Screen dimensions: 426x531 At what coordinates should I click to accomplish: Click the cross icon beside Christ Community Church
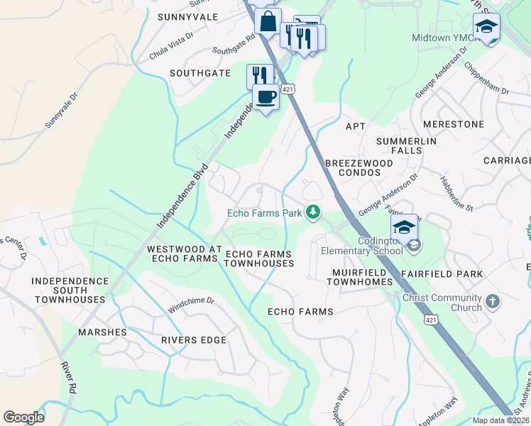coord(493,302)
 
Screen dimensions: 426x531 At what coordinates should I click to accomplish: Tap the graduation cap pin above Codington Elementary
coord(404,226)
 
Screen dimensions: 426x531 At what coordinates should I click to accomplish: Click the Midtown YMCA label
coord(440,37)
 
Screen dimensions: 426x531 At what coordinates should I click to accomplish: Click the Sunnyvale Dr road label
coord(60,111)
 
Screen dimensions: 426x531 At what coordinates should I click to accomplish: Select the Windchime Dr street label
coord(191,305)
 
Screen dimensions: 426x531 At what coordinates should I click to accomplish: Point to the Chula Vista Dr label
coord(171,45)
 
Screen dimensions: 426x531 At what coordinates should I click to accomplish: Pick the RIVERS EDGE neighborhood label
coord(194,340)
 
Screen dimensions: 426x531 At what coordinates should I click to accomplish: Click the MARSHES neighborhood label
coord(102,332)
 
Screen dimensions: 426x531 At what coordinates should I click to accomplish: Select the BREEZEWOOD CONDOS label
coord(358,168)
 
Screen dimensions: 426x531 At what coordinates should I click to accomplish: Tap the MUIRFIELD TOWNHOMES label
coord(359,277)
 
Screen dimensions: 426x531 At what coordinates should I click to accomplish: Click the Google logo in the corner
coord(23,417)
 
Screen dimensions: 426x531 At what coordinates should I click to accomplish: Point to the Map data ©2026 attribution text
coord(500,420)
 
